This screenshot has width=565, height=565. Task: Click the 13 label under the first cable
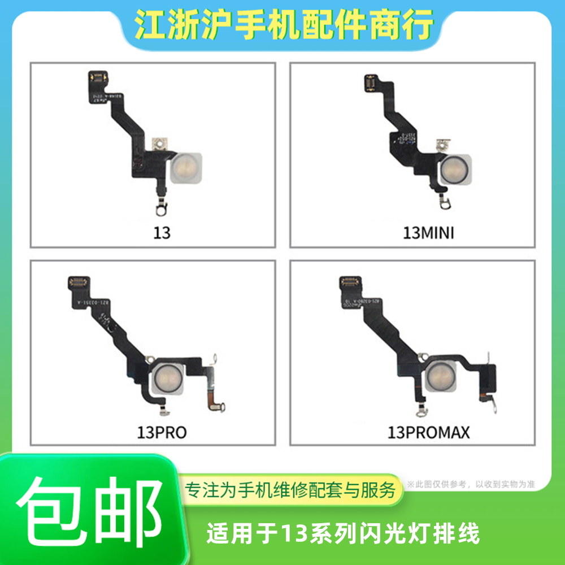tap(162, 233)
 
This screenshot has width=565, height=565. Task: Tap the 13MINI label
tap(428, 233)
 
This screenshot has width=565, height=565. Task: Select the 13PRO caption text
tap(162, 433)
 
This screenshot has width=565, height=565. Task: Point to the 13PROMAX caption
tap(428, 433)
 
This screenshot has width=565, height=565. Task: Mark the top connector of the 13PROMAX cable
tap(350, 281)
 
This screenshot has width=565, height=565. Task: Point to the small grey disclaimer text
tap(470, 484)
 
